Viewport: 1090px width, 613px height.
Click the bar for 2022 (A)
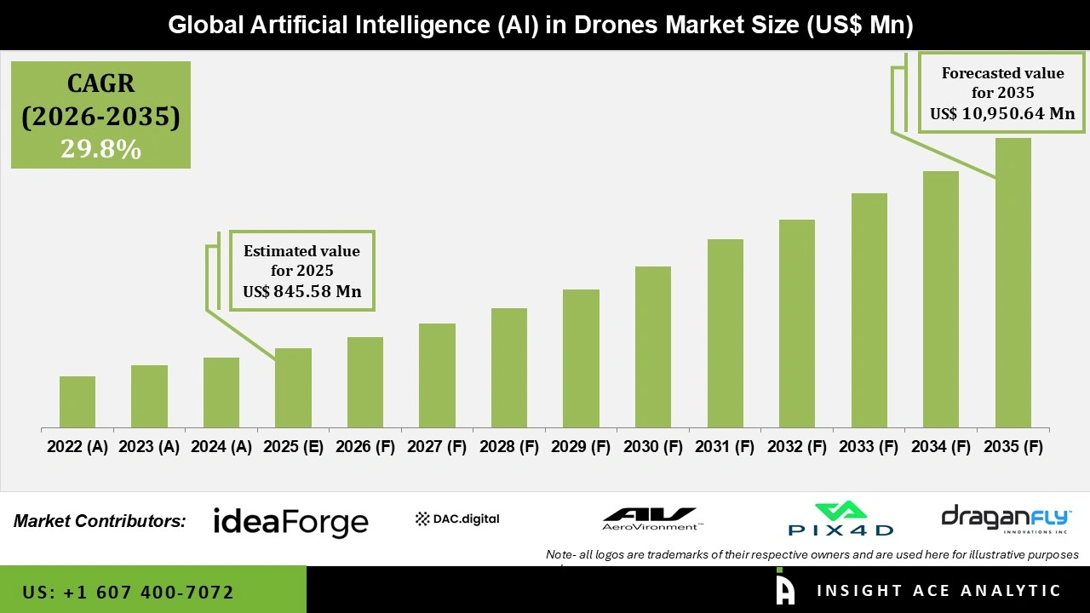[77, 402]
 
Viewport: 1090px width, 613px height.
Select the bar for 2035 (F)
[1013, 283]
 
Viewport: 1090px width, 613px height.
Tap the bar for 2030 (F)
[653, 347]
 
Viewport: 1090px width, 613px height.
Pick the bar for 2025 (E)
[293, 387]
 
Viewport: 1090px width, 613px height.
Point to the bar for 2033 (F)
[869, 310]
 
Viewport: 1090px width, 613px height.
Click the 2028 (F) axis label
[509, 447]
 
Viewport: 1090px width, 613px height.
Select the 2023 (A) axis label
[149, 447]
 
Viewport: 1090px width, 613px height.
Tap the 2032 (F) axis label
[797, 447]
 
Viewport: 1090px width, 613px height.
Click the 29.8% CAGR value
[100, 149]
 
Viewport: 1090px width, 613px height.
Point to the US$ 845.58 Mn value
[302, 292]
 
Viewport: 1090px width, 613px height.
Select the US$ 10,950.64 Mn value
[1002, 113]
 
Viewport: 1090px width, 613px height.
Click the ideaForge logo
[290, 521]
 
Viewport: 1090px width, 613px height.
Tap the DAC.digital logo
[457, 518]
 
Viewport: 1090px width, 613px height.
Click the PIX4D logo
[840, 519]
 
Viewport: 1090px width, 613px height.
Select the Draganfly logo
[1006, 519]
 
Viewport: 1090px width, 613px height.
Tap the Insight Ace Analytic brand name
[938, 591]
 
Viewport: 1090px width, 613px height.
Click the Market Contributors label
[100, 521]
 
